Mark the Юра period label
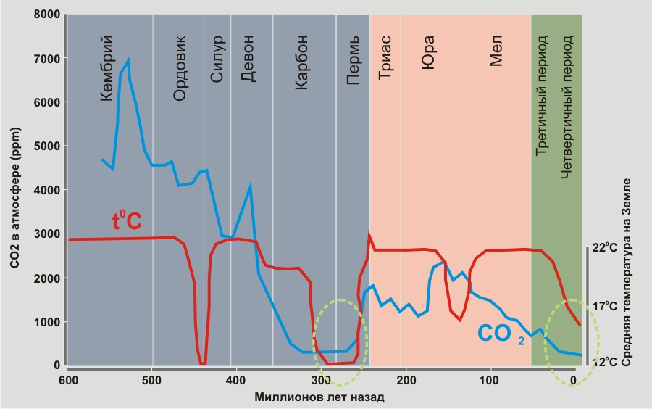[429, 49]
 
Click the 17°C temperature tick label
[605, 306]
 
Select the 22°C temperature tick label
[605, 248]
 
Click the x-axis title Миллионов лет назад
[319, 397]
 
